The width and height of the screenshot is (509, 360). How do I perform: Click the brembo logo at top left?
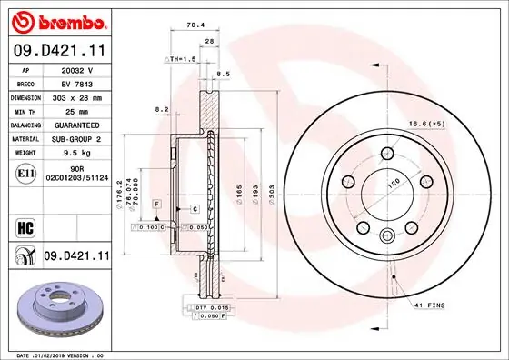[x=55, y=20]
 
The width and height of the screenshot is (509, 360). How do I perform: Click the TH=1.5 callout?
[x=180, y=59]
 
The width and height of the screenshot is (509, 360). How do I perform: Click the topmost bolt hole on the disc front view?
[x=387, y=153]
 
